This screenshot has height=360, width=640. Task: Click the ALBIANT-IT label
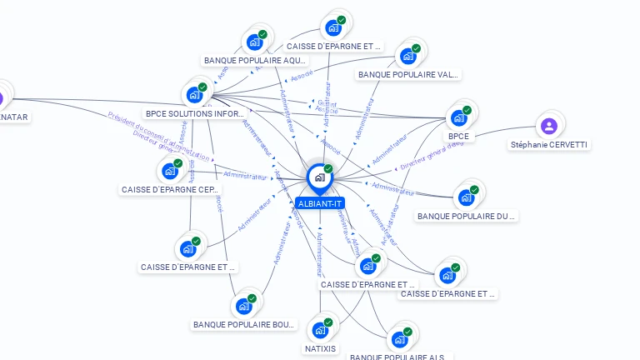(x=319, y=203)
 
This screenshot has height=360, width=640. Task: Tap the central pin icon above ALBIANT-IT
(x=318, y=177)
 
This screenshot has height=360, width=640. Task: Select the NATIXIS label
(x=321, y=348)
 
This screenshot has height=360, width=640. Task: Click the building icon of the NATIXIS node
(x=319, y=330)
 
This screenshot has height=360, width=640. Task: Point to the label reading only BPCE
(x=458, y=136)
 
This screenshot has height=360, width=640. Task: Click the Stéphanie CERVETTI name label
(x=549, y=144)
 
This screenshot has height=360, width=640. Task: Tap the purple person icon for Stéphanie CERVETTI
(x=548, y=126)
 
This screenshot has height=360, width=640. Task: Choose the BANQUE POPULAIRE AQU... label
(x=255, y=60)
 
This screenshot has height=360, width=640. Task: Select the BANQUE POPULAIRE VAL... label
(x=407, y=74)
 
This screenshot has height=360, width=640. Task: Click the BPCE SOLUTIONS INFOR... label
(x=195, y=113)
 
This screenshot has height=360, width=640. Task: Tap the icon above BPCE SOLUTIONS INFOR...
(x=195, y=93)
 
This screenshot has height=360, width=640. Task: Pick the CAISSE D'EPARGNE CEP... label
(x=170, y=189)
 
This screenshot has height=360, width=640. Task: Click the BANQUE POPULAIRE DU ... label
(x=466, y=216)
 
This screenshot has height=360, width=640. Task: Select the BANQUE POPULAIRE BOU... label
(x=244, y=324)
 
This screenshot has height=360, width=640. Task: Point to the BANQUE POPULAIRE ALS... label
(x=396, y=357)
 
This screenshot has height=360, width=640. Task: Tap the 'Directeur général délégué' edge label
(x=432, y=155)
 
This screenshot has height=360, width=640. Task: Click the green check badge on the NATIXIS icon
(x=328, y=322)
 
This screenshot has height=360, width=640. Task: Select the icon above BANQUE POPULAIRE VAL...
(x=407, y=56)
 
